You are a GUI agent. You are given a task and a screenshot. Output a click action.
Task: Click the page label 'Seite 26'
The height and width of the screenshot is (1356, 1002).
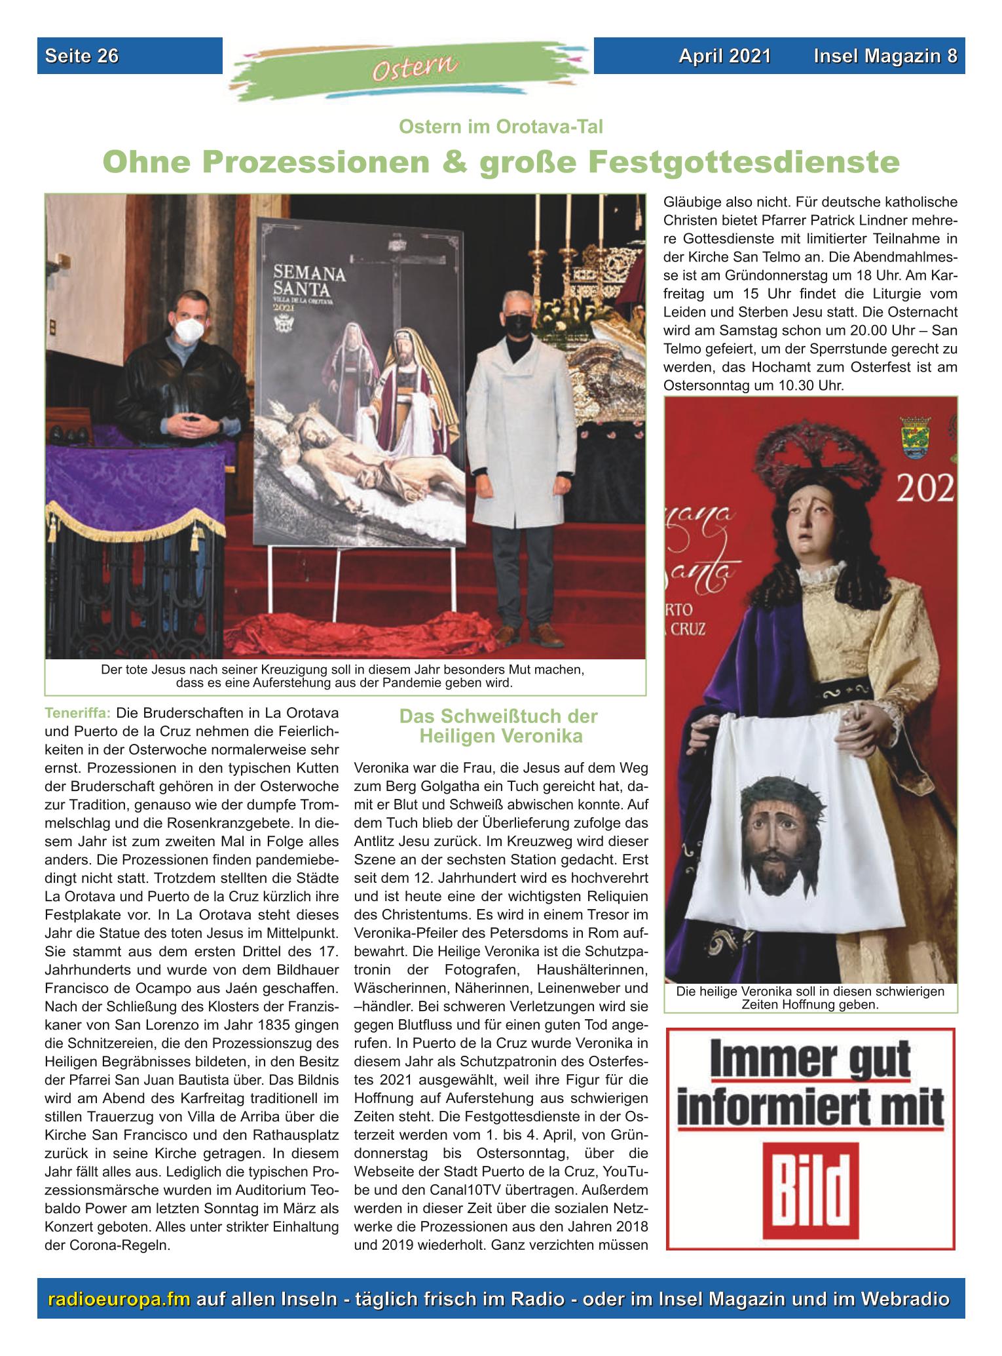(x=82, y=56)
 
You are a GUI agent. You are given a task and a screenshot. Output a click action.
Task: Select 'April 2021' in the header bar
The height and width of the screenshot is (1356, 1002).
(x=724, y=56)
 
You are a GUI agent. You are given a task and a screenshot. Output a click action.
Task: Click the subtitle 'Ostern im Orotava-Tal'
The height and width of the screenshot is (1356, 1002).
(x=500, y=126)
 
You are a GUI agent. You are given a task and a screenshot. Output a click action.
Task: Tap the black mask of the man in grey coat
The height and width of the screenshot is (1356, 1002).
(x=519, y=324)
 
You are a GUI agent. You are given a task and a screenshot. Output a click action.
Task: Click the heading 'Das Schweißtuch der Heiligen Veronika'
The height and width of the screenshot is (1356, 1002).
(x=500, y=726)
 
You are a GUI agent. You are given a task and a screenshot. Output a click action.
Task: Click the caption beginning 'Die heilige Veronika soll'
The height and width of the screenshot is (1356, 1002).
(x=810, y=998)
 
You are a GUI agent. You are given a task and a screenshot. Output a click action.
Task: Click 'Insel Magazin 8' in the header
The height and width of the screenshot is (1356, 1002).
(x=885, y=56)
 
